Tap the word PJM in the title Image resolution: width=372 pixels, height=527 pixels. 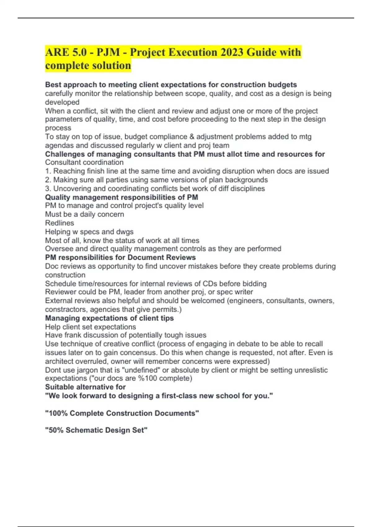108,52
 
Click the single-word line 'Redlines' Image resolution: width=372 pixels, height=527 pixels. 60,223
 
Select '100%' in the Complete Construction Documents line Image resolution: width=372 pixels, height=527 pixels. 58,413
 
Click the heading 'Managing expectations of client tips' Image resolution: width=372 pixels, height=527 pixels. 109,318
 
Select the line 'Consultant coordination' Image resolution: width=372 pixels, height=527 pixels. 84,162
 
